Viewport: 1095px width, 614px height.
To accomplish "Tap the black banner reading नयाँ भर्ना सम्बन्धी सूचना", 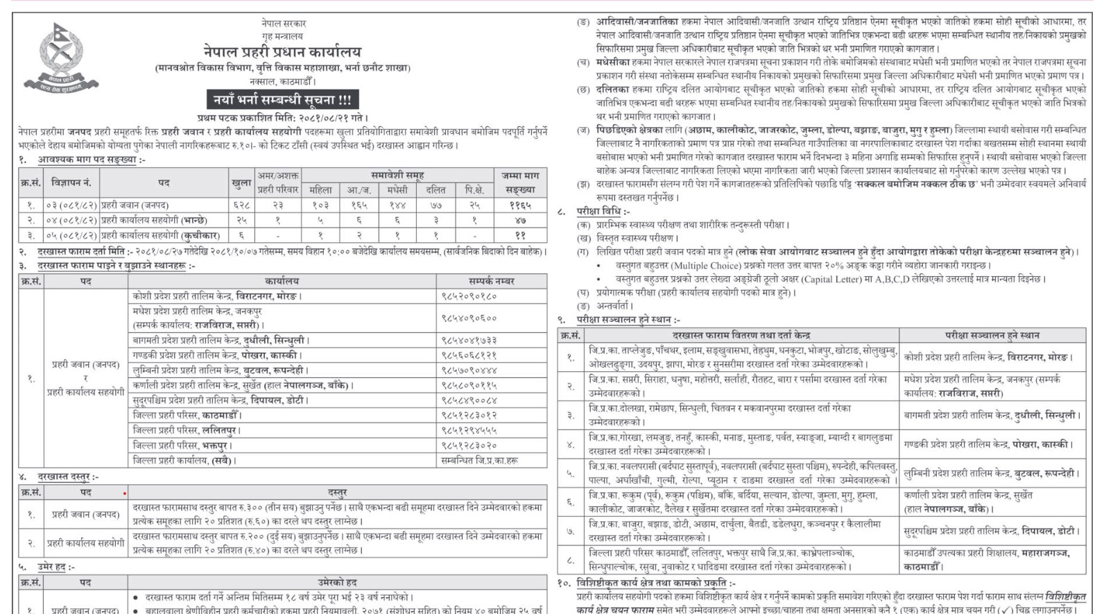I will click(x=282, y=99).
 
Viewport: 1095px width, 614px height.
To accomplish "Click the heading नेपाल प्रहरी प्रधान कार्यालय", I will click(x=282, y=51).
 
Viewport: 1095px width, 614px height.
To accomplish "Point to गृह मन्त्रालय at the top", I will click(x=282, y=36).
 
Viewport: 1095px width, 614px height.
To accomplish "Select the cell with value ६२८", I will click(x=241, y=205).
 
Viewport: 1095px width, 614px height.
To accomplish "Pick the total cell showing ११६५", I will click(x=519, y=205).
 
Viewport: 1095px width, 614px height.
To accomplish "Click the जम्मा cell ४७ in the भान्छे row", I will click(x=519, y=221).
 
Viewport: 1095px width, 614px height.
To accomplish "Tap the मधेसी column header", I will click(x=397, y=189).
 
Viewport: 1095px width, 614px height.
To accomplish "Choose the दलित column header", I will click(x=436, y=189).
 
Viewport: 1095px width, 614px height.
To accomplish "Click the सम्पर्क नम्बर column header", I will click(x=491, y=281).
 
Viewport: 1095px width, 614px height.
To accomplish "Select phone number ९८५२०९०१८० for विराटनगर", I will click(x=469, y=296).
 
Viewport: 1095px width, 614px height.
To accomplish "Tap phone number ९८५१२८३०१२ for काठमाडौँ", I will click(x=469, y=416).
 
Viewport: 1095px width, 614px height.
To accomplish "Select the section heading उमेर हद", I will click(x=56, y=567).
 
